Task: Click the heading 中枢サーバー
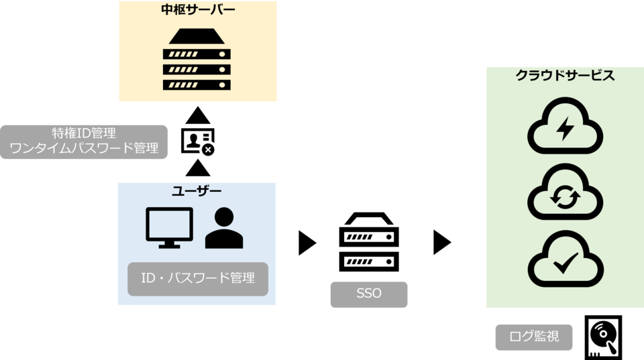point(197,10)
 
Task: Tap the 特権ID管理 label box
point(84,141)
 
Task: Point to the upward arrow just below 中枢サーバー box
point(197,115)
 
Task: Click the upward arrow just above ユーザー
point(197,168)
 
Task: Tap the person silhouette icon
point(224,228)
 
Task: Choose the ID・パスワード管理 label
point(198,278)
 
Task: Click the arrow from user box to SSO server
point(307,243)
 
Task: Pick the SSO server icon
point(369,242)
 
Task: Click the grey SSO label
point(368,294)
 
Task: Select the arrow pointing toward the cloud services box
point(442,243)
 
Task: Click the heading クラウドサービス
point(565,76)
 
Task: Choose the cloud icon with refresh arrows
point(565,194)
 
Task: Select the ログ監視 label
point(534,337)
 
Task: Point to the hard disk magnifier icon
point(603,337)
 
